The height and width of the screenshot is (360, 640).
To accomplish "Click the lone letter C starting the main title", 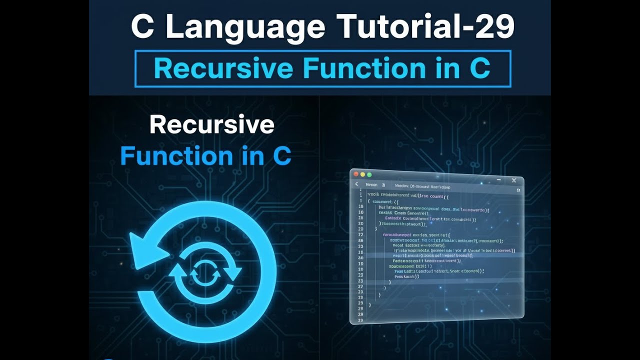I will click(142, 27).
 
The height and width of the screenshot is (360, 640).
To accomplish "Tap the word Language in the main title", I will click(244, 27).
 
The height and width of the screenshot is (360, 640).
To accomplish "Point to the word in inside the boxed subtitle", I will click(448, 69).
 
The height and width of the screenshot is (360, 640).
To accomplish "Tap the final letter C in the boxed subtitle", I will click(480, 69).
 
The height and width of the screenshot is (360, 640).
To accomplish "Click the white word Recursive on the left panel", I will click(211, 125).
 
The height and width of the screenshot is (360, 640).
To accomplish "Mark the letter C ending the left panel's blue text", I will click(281, 156).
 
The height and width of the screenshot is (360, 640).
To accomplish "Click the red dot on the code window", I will click(356, 174).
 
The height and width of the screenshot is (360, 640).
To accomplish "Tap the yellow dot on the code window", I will click(362, 174).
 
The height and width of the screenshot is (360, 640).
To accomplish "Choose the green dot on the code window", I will click(369, 174).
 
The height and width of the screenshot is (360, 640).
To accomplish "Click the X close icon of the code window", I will click(514, 180).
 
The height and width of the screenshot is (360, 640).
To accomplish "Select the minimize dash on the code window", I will click(498, 179).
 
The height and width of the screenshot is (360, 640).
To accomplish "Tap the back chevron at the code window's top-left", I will click(356, 184).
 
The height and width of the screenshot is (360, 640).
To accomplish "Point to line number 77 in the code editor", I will click(360, 234).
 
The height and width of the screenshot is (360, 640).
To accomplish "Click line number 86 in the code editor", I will click(360, 240).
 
